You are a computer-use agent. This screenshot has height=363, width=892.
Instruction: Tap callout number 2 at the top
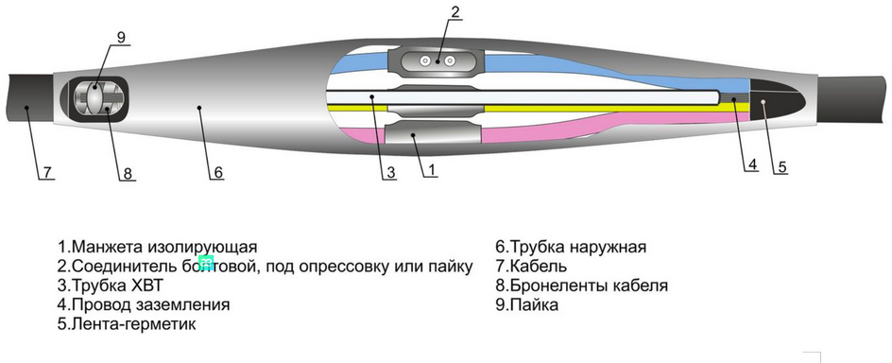(x=455, y=12)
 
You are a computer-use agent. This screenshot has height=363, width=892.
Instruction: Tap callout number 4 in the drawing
(x=753, y=164)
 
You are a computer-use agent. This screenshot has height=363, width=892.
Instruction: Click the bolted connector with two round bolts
(x=438, y=61)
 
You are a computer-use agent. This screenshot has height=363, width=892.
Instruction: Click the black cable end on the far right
(x=855, y=99)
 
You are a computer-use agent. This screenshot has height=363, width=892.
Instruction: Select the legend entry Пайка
(x=533, y=305)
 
